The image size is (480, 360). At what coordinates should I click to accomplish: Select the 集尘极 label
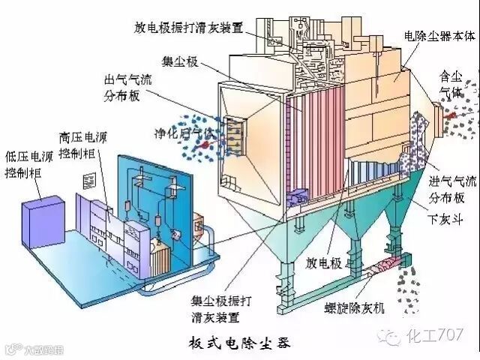[178, 61]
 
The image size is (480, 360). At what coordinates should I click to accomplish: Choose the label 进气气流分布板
[451, 191]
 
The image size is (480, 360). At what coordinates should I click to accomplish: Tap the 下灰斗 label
[445, 220]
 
